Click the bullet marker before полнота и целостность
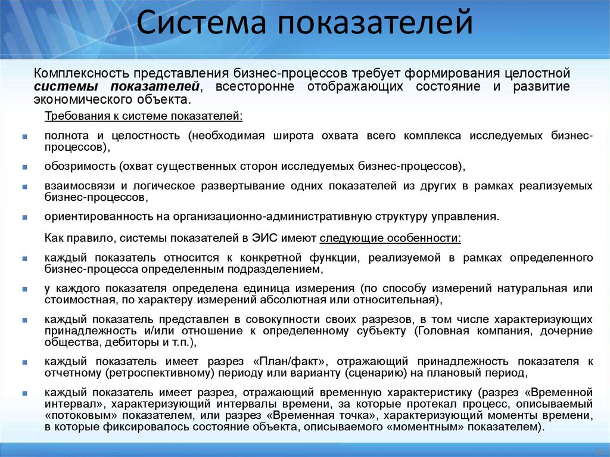(24, 136)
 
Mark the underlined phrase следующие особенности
(390, 238)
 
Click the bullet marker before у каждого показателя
(24, 289)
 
